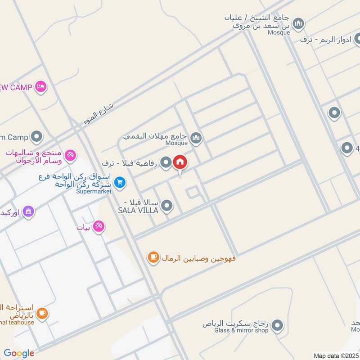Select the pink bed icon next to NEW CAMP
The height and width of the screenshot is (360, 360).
41,86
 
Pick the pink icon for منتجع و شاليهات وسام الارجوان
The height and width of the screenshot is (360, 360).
70,155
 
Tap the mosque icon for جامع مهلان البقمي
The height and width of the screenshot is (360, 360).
196,138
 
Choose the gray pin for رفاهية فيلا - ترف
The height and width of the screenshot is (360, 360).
166,162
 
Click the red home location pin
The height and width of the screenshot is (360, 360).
180,162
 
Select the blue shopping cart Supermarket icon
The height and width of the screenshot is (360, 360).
119,182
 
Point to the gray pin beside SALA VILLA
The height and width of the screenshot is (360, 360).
167,206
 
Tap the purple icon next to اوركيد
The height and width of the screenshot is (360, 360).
28,211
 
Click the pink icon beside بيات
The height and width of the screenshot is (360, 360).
99,227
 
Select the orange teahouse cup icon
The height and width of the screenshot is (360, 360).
42,313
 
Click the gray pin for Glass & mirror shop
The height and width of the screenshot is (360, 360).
278,324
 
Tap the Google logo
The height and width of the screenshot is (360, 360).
19,353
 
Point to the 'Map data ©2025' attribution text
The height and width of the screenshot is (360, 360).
336,355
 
